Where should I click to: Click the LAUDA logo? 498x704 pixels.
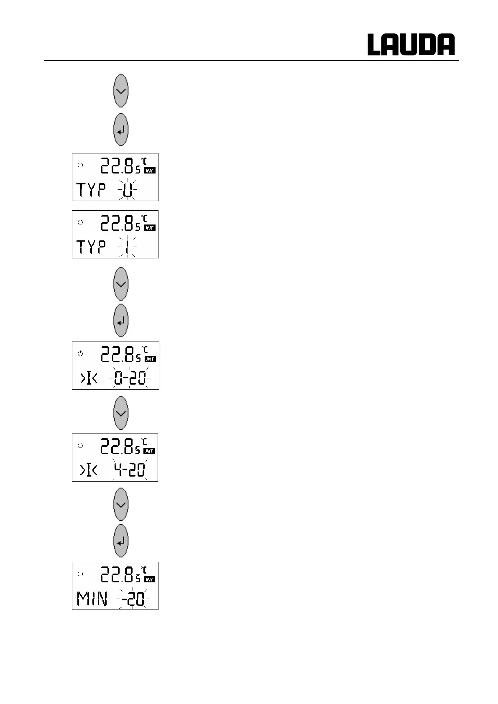411,45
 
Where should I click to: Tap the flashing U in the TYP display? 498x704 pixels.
128,190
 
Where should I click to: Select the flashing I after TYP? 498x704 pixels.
128,248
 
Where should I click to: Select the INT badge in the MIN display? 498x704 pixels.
150,579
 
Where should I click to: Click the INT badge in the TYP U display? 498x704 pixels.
150,171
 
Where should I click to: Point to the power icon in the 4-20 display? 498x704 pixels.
80,446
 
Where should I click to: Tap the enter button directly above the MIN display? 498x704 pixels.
121,541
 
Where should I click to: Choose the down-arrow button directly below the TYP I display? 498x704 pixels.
121,284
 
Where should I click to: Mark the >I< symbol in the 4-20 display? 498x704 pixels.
89,471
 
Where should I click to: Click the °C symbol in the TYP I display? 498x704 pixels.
144,218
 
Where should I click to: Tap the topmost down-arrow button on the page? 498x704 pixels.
121,91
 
